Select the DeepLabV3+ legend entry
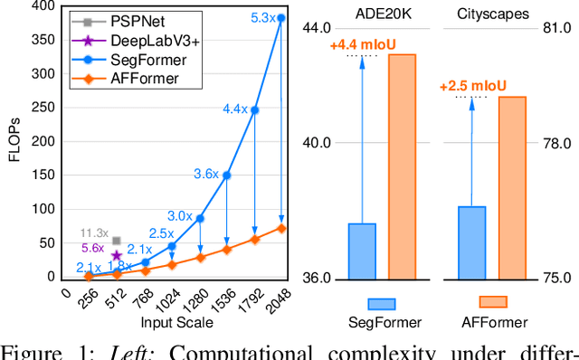point(129,41)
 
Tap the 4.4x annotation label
point(235,109)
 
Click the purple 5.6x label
point(93,248)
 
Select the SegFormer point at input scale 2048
point(281,17)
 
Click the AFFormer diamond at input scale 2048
point(281,228)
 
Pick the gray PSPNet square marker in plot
point(116,241)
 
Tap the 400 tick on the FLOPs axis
point(43,7)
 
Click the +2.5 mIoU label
point(471,86)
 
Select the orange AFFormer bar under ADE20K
point(402,167)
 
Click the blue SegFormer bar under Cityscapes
point(471,242)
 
